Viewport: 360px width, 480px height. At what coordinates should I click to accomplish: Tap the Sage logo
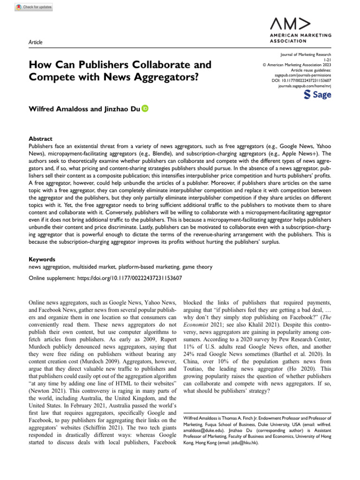[x=317, y=95]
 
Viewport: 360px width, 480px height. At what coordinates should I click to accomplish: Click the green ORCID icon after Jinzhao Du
[x=145, y=109]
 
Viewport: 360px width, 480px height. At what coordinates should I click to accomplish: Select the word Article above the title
[x=35, y=43]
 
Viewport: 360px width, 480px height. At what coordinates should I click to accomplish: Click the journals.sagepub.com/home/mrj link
[x=305, y=87]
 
